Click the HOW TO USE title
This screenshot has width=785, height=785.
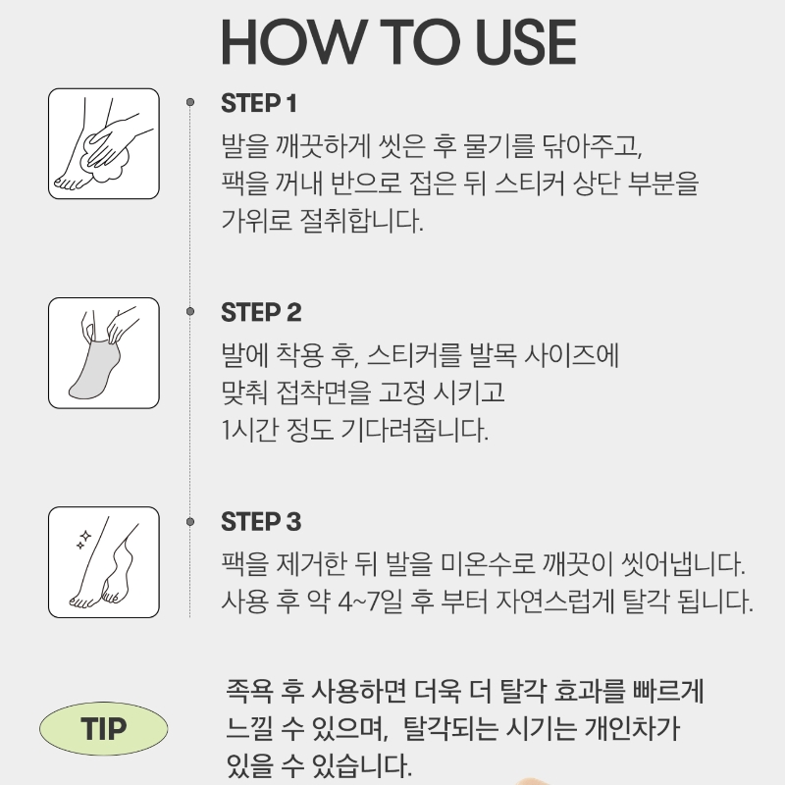point(398,42)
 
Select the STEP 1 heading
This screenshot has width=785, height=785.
point(259,104)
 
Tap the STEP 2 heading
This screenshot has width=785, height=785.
point(261,312)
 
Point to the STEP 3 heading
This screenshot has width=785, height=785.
point(261,522)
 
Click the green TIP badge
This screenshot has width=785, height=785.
point(104,728)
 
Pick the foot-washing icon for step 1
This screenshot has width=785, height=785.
point(104,143)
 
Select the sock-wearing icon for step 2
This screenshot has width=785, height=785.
point(104,353)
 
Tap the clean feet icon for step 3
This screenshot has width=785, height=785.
point(104,562)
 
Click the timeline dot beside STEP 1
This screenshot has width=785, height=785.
point(190,102)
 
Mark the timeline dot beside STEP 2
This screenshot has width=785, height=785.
point(190,311)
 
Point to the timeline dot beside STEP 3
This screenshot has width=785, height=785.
point(190,522)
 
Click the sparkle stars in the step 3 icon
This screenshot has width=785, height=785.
point(83,540)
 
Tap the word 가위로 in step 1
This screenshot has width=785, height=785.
point(256,220)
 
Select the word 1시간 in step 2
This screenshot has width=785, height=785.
point(250,430)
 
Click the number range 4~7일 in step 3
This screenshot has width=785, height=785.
point(371,602)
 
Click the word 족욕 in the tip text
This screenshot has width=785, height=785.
point(250,691)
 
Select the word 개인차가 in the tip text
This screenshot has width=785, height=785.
point(633,728)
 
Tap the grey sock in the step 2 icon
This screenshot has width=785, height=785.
point(95,369)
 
